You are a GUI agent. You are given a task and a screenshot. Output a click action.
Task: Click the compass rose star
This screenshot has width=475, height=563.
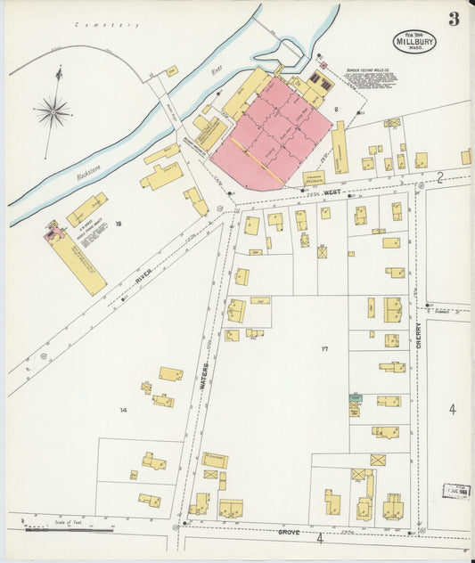pos(53,112)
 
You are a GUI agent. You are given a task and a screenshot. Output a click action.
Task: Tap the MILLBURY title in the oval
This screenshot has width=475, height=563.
pos(414,42)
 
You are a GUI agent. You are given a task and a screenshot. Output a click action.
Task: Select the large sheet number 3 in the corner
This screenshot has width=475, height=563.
pos(454,20)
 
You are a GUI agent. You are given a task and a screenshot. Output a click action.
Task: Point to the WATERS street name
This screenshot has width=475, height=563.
pos(204,373)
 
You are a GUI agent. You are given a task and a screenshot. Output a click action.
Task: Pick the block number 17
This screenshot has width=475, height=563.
pos(324,348)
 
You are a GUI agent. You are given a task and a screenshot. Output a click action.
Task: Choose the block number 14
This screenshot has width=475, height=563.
pos(123,409)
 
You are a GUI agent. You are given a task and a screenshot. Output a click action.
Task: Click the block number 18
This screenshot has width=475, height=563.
pos(118,224)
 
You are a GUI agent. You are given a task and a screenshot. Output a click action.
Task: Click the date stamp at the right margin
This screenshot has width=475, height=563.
pos(456,491)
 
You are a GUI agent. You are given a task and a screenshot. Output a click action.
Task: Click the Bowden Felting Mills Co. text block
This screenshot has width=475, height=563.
pos(370,78)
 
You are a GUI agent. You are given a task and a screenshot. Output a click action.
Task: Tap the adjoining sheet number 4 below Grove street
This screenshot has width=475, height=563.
pos(319,539)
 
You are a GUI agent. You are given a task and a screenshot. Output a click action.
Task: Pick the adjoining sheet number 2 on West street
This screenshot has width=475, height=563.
pos(439,178)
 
